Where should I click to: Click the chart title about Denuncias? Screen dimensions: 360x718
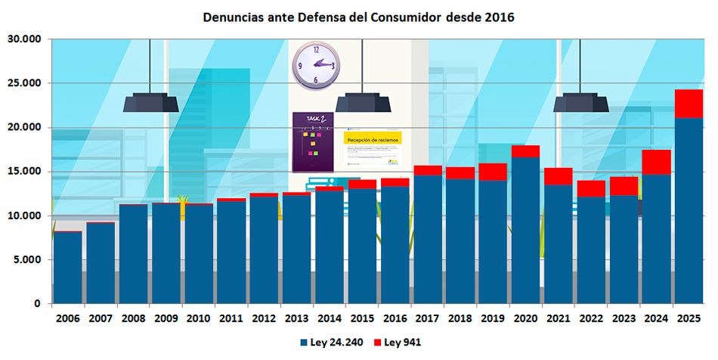coord(358,16)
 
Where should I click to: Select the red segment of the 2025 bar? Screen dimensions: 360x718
coord(689,104)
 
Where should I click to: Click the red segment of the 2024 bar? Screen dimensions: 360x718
coord(656,162)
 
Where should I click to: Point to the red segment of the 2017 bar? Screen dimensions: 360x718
coord(428,170)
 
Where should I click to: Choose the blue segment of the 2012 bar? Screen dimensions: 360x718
coord(265,250)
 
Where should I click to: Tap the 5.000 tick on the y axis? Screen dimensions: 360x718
coord(28,260)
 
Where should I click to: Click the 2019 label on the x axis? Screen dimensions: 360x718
coord(493,318)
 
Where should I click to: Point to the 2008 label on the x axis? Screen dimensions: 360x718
coord(134,318)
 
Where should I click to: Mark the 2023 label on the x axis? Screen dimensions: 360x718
coord(624,318)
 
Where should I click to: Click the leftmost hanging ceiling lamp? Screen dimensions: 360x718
coord(151,102)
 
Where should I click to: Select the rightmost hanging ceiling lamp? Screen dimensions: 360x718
coord(580,102)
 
